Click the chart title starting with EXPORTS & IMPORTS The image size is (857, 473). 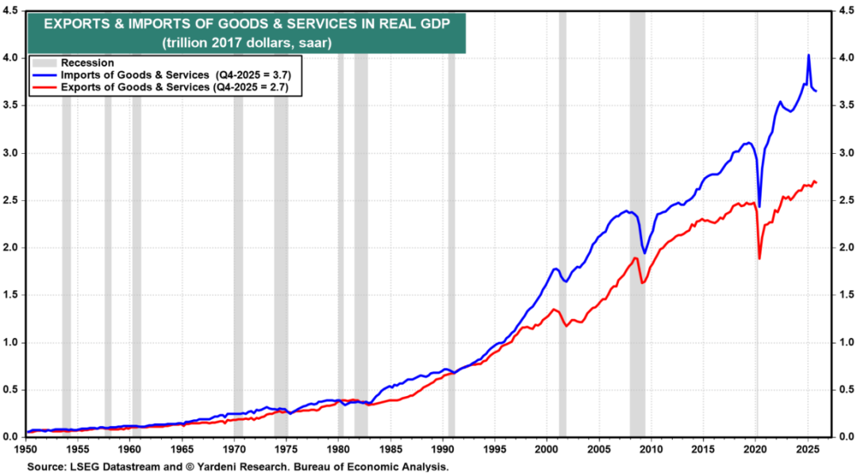pos(246,24)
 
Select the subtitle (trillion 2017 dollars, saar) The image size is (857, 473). pos(246,41)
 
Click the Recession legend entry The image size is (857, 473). pos(88,63)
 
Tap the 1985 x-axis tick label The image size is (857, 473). pos(390,450)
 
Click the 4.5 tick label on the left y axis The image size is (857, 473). pos(12,11)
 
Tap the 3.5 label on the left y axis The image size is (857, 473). pos(12,106)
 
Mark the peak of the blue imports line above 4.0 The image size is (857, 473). pos(809,55)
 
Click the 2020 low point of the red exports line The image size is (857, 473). pos(759,258)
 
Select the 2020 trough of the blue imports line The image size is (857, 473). pos(759,206)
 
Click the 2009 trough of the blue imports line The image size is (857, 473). pos(644,252)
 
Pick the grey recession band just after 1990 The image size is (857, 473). pos(452,238)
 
